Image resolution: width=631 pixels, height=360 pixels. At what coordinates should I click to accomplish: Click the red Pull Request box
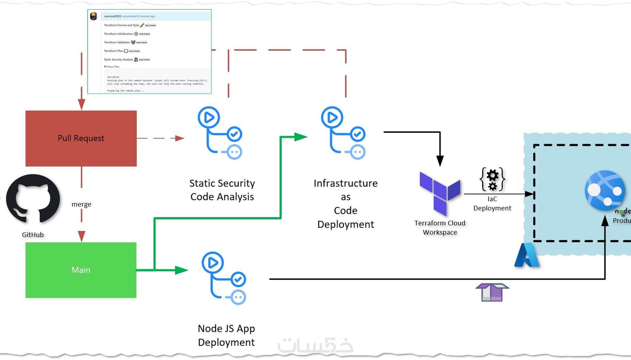pyautogui.click(x=81, y=138)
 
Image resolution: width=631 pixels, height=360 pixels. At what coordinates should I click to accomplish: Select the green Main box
pyautogui.click(x=81, y=270)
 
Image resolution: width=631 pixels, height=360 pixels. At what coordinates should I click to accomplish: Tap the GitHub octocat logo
pyautogui.click(x=33, y=199)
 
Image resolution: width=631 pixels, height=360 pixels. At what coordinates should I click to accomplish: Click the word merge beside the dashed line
pyautogui.click(x=81, y=204)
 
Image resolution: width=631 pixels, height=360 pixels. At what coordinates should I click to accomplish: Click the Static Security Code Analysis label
pyautogui.click(x=222, y=190)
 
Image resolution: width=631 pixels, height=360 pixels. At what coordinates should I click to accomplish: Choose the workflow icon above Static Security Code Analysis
pyautogui.click(x=220, y=133)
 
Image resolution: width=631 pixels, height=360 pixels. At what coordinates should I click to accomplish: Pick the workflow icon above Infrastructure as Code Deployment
pyautogui.click(x=343, y=133)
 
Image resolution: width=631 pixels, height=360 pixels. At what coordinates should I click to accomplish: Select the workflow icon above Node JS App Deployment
pyautogui.click(x=224, y=278)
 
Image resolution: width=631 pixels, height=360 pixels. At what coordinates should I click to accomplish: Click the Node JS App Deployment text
pyautogui.click(x=226, y=335)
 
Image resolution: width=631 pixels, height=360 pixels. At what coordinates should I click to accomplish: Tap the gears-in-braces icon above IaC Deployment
pyautogui.click(x=492, y=179)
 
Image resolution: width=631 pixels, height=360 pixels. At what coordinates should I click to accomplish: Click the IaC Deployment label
pyautogui.click(x=492, y=204)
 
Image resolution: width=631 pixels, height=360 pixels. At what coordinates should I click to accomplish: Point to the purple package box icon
pyautogui.click(x=492, y=292)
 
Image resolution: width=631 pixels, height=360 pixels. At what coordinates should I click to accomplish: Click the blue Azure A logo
pyautogui.click(x=526, y=255)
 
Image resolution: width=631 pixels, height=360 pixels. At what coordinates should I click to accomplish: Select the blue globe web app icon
pyautogui.click(x=605, y=190)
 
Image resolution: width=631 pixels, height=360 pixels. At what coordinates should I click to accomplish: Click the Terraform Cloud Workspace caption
pyautogui.click(x=440, y=228)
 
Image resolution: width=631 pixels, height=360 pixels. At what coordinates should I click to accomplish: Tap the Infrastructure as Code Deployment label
pyautogui.click(x=346, y=204)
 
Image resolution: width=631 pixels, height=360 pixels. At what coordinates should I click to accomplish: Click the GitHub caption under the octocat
pyautogui.click(x=33, y=235)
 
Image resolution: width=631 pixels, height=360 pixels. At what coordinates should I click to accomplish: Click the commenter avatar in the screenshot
pyautogui.click(x=94, y=16)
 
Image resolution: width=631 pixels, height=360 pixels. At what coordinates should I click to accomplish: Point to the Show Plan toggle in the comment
pyautogui.click(x=112, y=67)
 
